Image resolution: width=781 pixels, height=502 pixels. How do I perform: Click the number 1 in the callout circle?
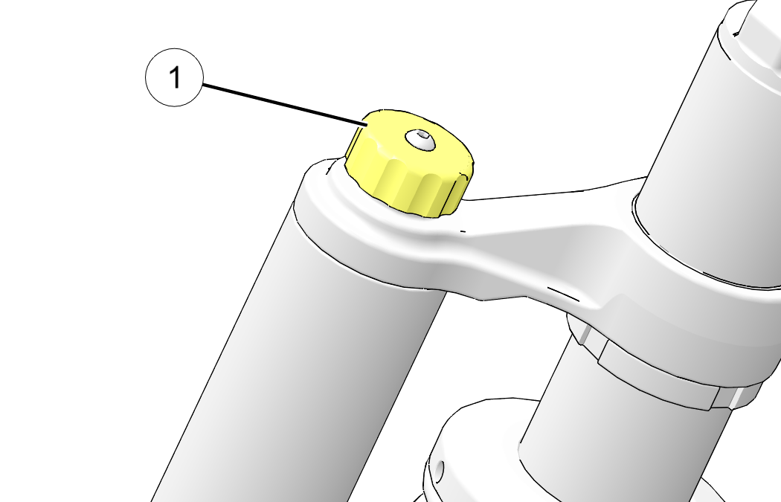(175, 77)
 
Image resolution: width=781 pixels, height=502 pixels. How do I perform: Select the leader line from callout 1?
(285, 105)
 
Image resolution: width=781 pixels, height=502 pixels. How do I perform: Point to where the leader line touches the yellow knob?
(367, 125)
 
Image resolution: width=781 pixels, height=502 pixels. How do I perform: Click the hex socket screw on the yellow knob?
(420, 140)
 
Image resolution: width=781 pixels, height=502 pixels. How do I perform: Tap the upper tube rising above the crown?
(698, 124)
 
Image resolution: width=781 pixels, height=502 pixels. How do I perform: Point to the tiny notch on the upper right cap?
(736, 34)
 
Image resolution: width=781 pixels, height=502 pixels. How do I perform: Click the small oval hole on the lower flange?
(440, 471)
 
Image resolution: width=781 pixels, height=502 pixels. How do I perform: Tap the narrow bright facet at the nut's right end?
(743, 396)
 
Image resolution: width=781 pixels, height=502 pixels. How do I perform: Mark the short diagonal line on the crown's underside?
(563, 294)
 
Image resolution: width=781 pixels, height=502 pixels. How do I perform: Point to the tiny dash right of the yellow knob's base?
(463, 231)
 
